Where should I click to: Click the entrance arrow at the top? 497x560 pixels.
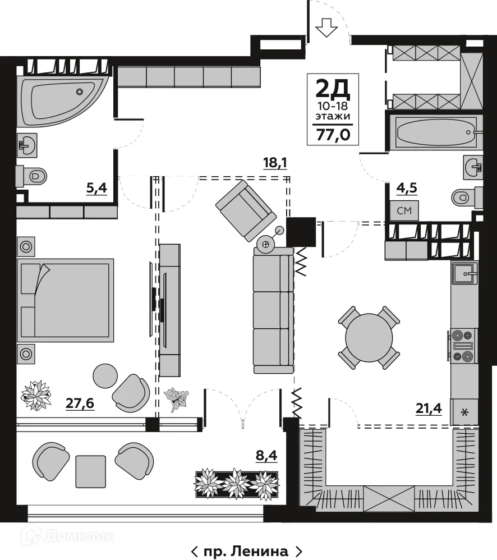(x=326, y=26)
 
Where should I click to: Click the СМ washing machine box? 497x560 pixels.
(x=404, y=210)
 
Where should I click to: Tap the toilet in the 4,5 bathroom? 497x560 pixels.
(x=464, y=196)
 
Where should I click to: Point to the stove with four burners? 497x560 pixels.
(x=464, y=345)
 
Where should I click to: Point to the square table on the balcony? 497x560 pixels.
(x=91, y=470)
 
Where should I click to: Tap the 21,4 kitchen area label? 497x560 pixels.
(x=429, y=409)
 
